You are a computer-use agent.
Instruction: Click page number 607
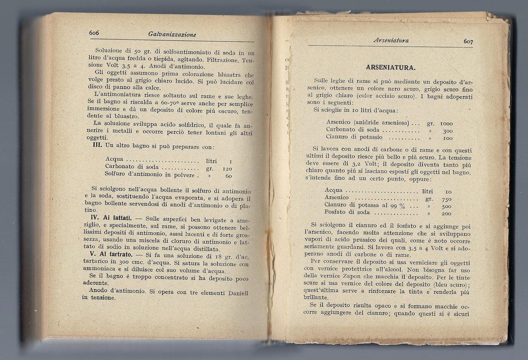pos(468,41)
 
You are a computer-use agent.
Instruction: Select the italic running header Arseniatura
pos(390,40)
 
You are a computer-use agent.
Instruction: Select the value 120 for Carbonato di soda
pos(227,168)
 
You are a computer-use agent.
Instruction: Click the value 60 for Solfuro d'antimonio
pos(229,176)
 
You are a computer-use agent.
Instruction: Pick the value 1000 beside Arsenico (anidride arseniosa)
pos(446,123)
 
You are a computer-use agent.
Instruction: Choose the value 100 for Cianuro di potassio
pos(448,138)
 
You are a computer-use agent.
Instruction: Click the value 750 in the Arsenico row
pos(446,199)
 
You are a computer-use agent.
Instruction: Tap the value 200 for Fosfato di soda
pos(446,214)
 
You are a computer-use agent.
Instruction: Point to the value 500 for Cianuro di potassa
pos(446,206)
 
